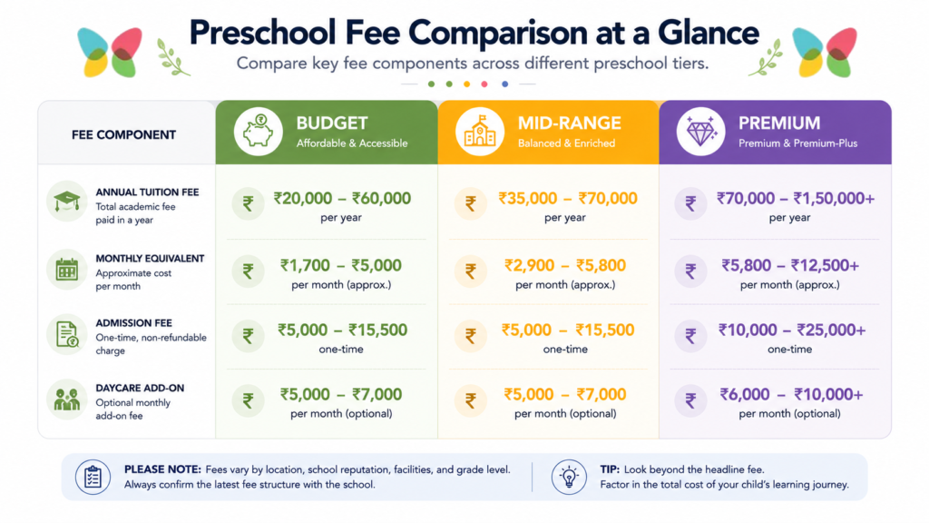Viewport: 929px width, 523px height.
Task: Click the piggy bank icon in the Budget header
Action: pyautogui.click(x=258, y=131)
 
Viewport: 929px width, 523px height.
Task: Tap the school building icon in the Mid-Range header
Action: pyautogui.click(x=479, y=131)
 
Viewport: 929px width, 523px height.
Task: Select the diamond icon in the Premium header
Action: pyautogui.click(x=701, y=131)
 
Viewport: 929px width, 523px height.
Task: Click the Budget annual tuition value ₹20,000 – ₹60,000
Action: pyautogui.click(x=342, y=198)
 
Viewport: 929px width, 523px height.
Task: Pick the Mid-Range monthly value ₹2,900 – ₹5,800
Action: pyautogui.click(x=565, y=265)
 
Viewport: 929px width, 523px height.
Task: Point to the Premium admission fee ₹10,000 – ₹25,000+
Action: pyautogui.click(x=792, y=330)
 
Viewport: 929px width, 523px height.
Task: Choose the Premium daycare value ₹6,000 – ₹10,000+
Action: pyautogui.click(x=791, y=394)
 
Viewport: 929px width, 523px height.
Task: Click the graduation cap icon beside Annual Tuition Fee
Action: pyautogui.click(x=67, y=201)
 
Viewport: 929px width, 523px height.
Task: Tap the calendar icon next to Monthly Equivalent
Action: pyautogui.click(x=67, y=270)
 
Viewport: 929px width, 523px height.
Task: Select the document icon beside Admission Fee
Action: pyautogui.click(x=67, y=334)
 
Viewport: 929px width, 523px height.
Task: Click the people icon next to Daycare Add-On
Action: pyautogui.click(x=67, y=400)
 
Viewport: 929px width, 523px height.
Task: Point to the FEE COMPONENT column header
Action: pyautogui.click(x=123, y=135)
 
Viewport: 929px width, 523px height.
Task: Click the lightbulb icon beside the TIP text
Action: pyautogui.click(x=570, y=477)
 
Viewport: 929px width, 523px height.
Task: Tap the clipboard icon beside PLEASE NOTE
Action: pyautogui.click(x=93, y=477)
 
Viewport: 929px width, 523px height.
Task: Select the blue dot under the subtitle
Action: pyautogui.click(x=504, y=84)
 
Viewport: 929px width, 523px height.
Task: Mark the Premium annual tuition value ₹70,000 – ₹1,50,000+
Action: pyautogui.click(x=796, y=198)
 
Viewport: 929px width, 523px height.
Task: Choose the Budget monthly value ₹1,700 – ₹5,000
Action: pyautogui.click(x=341, y=265)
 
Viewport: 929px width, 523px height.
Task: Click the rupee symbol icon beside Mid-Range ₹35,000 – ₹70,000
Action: pyautogui.click(x=471, y=204)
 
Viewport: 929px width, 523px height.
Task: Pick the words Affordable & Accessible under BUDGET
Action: pyautogui.click(x=352, y=143)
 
